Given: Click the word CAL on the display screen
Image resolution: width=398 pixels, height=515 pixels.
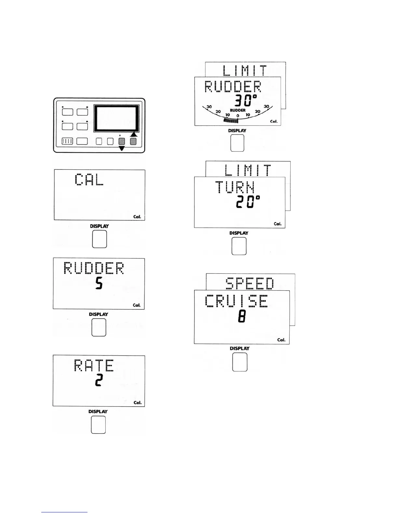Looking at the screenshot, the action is click(89, 179).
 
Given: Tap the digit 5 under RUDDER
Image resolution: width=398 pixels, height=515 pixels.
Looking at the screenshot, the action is click(99, 284).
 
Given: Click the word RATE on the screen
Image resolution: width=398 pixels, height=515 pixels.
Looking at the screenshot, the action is click(94, 365).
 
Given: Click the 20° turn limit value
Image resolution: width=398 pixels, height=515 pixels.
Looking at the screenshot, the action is click(248, 202).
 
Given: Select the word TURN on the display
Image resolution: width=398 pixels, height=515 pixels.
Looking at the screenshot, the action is click(235, 187).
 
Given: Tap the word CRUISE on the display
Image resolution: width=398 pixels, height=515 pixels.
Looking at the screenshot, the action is click(237, 301).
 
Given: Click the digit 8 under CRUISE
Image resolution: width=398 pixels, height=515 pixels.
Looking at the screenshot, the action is click(242, 316).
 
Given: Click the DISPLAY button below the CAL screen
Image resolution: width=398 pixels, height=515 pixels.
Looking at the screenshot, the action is click(99, 239).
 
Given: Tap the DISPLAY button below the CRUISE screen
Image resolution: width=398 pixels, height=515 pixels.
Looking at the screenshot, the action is click(240, 362).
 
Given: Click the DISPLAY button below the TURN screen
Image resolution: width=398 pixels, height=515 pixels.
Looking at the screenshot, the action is click(239, 246).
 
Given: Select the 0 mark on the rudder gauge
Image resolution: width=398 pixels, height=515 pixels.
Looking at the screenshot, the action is click(238, 116).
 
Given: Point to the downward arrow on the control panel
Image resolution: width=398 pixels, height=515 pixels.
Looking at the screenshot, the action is click(122, 148).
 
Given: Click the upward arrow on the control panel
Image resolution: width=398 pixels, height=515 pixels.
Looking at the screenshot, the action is click(134, 134).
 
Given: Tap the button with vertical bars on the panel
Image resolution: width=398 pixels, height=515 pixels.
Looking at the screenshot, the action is click(67, 141).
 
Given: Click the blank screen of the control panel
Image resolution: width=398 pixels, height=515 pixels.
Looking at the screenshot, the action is click(116, 118).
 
